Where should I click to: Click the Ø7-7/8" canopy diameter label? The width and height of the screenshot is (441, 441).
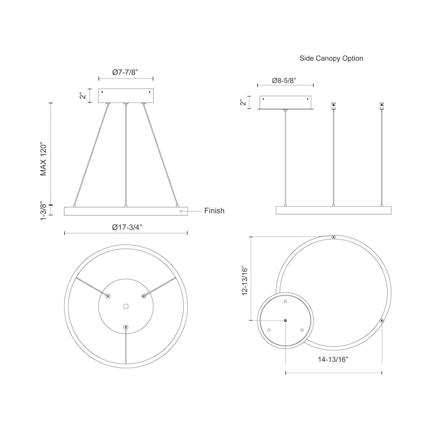click(126, 72)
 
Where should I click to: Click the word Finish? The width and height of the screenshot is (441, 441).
click(214, 211)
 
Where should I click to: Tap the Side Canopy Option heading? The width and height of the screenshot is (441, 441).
click(331, 58)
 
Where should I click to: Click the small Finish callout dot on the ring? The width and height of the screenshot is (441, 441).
click(181, 211)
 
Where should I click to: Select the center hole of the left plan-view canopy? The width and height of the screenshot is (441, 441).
click(126, 306)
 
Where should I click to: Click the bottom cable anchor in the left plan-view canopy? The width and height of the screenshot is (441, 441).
click(126, 327)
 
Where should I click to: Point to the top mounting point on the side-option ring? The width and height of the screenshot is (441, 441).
click(333, 237)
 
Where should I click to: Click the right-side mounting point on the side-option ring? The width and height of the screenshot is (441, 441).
click(382, 320)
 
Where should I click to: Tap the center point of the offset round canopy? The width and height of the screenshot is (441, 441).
click(285, 320)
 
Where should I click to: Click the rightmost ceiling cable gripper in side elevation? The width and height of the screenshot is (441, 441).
click(382, 106)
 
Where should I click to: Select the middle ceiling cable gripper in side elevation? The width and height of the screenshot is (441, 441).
click(333, 106)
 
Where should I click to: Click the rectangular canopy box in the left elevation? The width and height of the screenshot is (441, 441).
click(126, 96)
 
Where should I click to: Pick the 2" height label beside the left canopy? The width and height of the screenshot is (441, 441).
click(83, 96)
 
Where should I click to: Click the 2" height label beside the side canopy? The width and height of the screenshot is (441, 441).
click(243, 102)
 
